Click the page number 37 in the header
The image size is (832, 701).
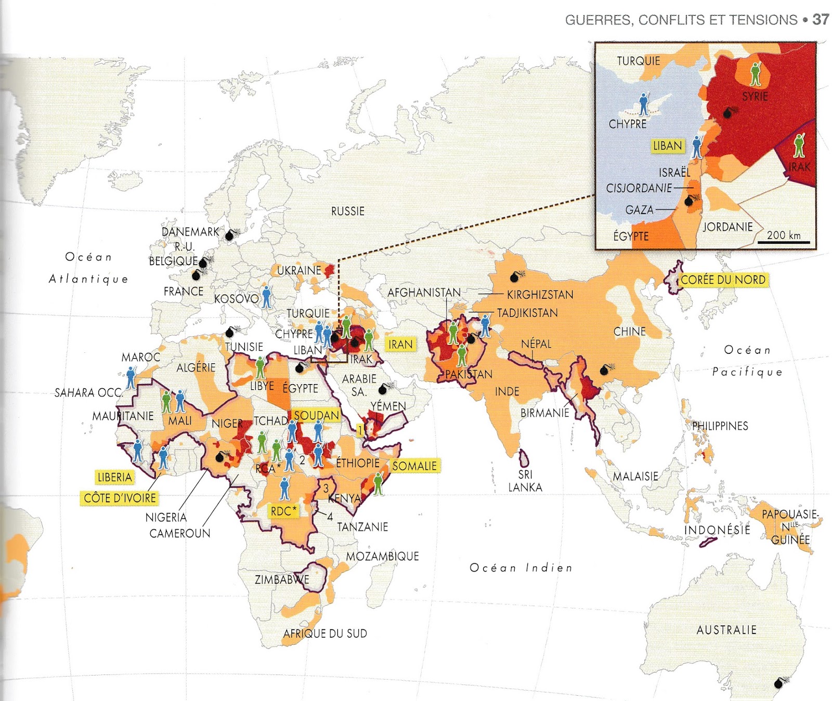pyautogui.click(x=821, y=20)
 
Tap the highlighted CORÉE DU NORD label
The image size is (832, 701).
pyautogui.click(x=723, y=280)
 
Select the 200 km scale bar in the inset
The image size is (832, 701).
pyautogui.click(x=787, y=241)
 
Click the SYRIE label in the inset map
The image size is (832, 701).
pyautogui.click(x=755, y=97)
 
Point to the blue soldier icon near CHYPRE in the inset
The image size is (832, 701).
pyautogui.click(x=644, y=104)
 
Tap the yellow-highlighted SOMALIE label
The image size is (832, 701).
pyautogui.click(x=414, y=466)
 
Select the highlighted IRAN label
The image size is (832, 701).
pyautogui.click(x=400, y=345)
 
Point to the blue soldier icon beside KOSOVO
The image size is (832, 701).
pyautogui.click(x=267, y=297)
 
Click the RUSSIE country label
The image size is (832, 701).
pyautogui.click(x=348, y=211)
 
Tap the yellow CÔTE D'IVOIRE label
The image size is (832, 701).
pyautogui.click(x=120, y=498)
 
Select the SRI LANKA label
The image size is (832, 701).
pyautogui.click(x=525, y=481)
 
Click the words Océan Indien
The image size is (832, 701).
pyautogui.click(x=521, y=568)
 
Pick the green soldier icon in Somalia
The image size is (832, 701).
pyautogui.click(x=379, y=483)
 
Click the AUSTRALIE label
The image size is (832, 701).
pyautogui.click(x=726, y=630)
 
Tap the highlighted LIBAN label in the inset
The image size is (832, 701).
pyautogui.click(x=667, y=146)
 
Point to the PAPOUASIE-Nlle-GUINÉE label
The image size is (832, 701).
pyautogui.click(x=790, y=526)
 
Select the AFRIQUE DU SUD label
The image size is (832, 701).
pyautogui.click(x=325, y=633)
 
